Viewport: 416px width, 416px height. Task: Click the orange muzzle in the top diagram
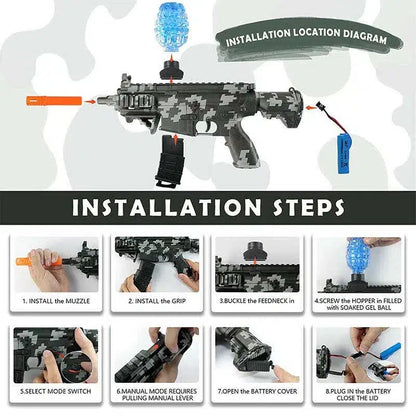(54, 100)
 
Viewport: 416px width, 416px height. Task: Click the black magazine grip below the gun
(171, 160)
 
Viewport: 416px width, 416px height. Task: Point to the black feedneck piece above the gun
(171, 70)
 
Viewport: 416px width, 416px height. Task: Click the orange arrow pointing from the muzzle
(90, 101)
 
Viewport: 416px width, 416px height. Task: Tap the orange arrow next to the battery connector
(311, 107)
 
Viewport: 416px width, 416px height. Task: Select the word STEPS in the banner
(308, 207)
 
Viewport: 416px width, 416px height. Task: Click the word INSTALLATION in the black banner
(166, 207)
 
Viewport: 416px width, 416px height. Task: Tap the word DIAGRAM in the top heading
(365, 36)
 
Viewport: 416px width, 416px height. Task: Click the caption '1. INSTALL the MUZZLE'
(56, 301)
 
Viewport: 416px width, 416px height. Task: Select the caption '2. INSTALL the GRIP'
(157, 301)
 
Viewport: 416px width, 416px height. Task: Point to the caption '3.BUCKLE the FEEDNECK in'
(257, 301)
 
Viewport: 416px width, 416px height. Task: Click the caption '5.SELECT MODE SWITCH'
(56, 391)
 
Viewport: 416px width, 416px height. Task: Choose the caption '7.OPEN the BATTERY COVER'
(257, 391)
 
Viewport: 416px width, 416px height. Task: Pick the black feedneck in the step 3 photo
(256, 251)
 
